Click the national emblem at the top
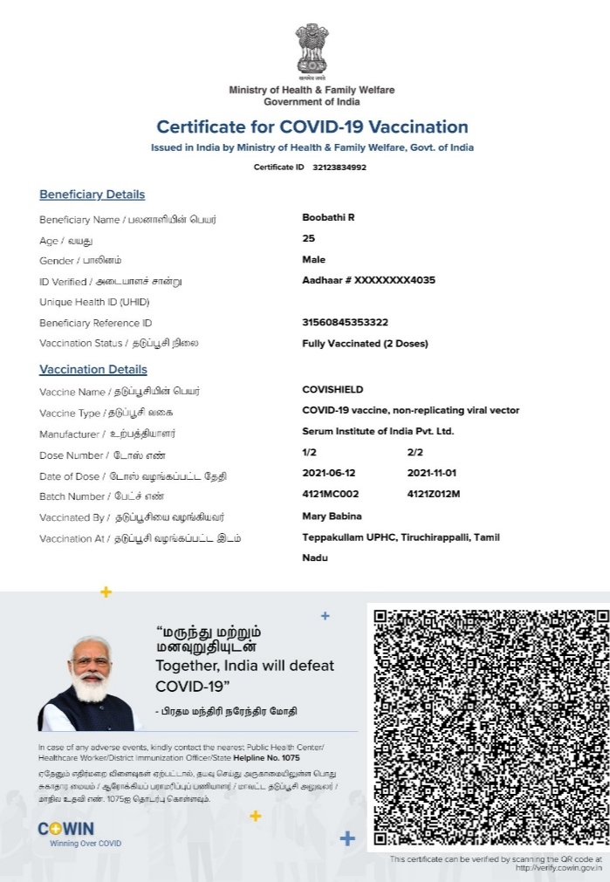[x=312, y=50]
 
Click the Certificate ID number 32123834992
[x=339, y=167]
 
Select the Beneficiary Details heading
[x=92, y=195]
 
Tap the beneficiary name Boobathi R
[x=328, y=217]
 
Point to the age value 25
[x=308, y=238]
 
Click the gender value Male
[x=313, y=259]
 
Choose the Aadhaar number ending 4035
[x=368, y=280]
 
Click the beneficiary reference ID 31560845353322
[x=345, y=322]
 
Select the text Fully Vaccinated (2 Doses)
[x=365, y=343]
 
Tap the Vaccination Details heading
[x=93, y=370]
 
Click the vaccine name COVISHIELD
[x=332, y=389]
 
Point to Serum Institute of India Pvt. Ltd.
[x=378, y=431]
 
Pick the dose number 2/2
[x=415, y=452]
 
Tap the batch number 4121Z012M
[x=434, y=495]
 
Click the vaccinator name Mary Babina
[x=332, y=516]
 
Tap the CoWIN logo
[x=67, y=830]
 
